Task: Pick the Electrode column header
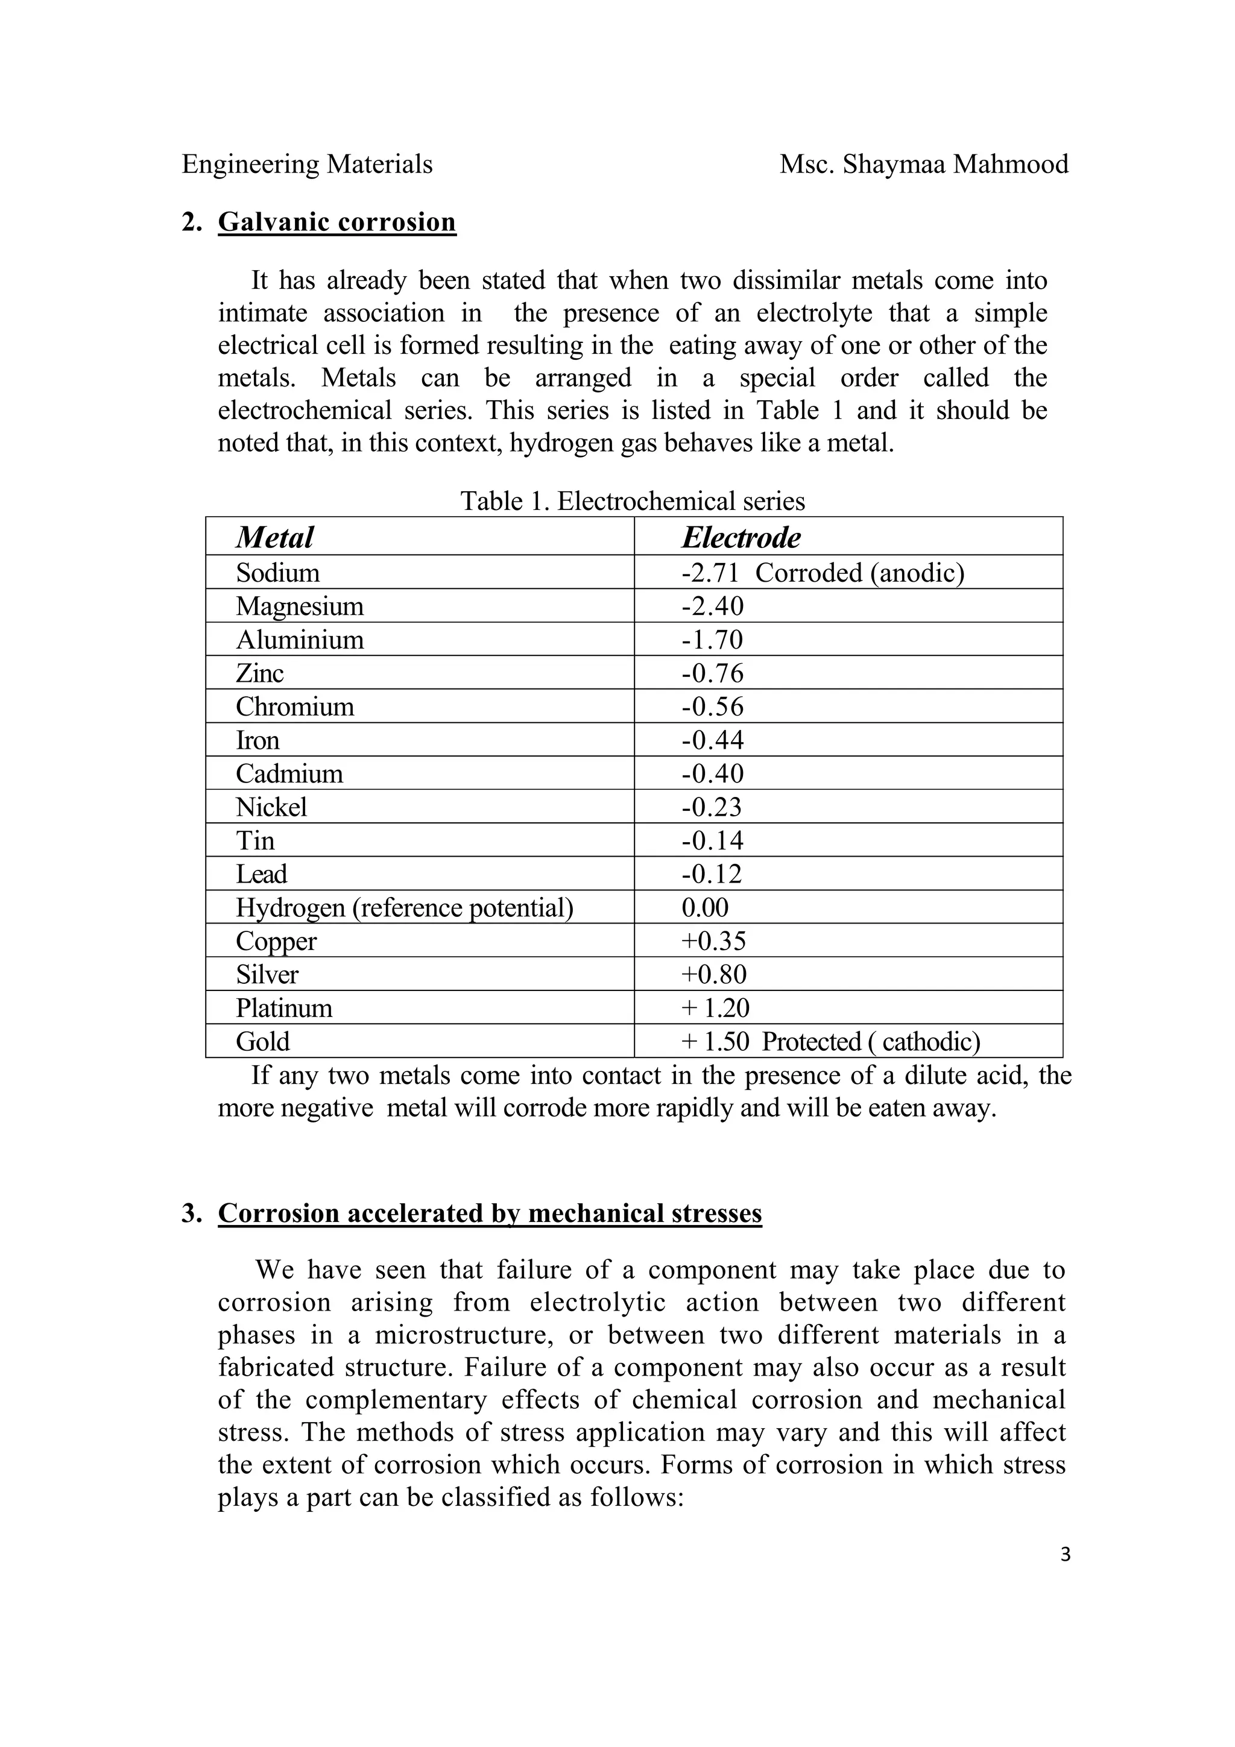click(741, 537)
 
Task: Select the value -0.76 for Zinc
click(712, 673)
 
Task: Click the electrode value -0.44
click(712, 740)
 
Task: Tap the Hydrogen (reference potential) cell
click(404, 908)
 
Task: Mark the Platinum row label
click(284, 1008)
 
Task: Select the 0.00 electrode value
click(704, 908)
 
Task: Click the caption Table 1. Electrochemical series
click(633, 502)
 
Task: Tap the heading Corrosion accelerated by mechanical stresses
click(489, 1213)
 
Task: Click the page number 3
click(1064, 1555)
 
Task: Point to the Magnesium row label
click(299, 606)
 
